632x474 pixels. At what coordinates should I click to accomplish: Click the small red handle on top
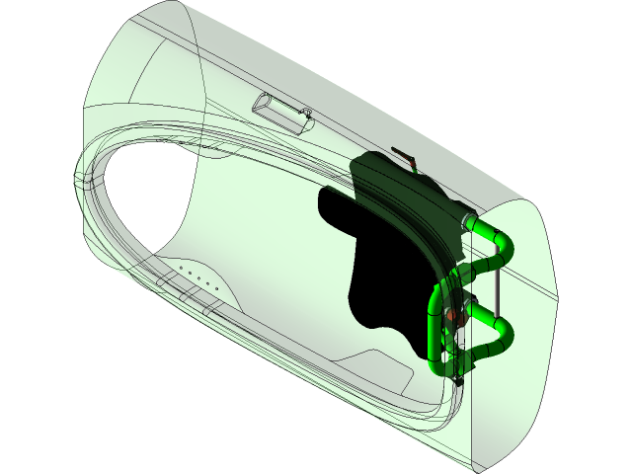[405, 156]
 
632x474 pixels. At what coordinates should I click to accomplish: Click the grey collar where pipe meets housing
[467, 220]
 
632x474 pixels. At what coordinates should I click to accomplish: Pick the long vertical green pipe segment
[435, 331]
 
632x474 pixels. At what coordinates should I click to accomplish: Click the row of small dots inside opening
[196, 275]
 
